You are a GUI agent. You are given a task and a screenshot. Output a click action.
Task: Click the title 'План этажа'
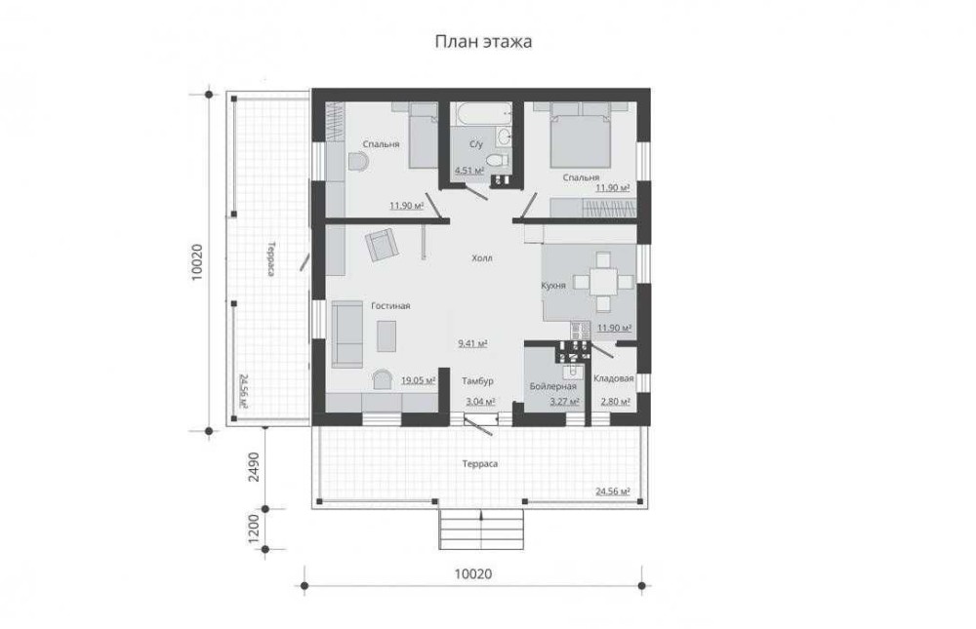pos(483,42)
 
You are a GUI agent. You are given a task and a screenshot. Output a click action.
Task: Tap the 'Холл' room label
pos(482,257)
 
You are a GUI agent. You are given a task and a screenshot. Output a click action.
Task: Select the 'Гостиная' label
pos(390,305)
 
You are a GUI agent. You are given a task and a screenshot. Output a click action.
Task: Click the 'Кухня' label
pos(553,286)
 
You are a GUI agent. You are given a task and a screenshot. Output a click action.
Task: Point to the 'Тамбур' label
pos(477,380)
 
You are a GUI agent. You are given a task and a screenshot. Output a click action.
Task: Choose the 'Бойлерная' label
pos(552,386)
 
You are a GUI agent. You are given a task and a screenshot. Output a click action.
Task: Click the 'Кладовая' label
pos(614,378)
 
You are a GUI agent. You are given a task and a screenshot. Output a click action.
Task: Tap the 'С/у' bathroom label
pos(476,144)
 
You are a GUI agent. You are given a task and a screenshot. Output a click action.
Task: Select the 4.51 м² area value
pos(469,171)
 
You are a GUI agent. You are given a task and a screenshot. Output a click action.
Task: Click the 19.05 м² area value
pos(419,380)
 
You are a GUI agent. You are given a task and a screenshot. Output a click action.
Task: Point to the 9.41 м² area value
pos(472,343)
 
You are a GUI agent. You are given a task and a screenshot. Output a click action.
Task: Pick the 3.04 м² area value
pos(480,401)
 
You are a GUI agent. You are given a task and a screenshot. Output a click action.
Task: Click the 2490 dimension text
pos(254,466)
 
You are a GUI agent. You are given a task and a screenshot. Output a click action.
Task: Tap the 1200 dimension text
pos(254,529)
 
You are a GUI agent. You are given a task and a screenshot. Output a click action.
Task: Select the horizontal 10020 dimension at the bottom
pos(473,573)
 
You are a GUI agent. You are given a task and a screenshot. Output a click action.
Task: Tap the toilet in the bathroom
pos(496,160)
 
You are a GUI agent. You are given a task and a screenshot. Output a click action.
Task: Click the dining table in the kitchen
pos(602,282)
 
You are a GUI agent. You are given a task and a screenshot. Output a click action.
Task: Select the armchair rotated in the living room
pos(382,245)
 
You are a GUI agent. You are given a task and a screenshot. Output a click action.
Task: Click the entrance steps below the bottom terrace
pos(481,530)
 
